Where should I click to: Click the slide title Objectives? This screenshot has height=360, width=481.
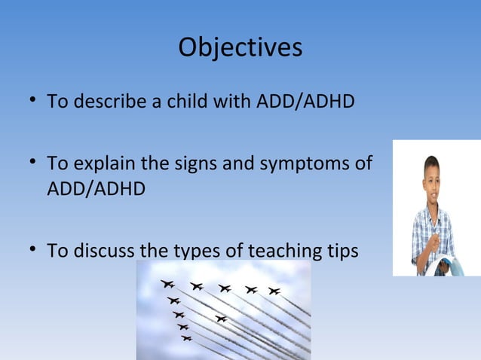coord(240,47)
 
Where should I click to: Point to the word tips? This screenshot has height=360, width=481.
coord(342,250)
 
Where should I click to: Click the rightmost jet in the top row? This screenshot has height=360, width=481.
coord(274,291)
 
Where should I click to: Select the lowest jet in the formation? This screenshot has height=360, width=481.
coord(186,338)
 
